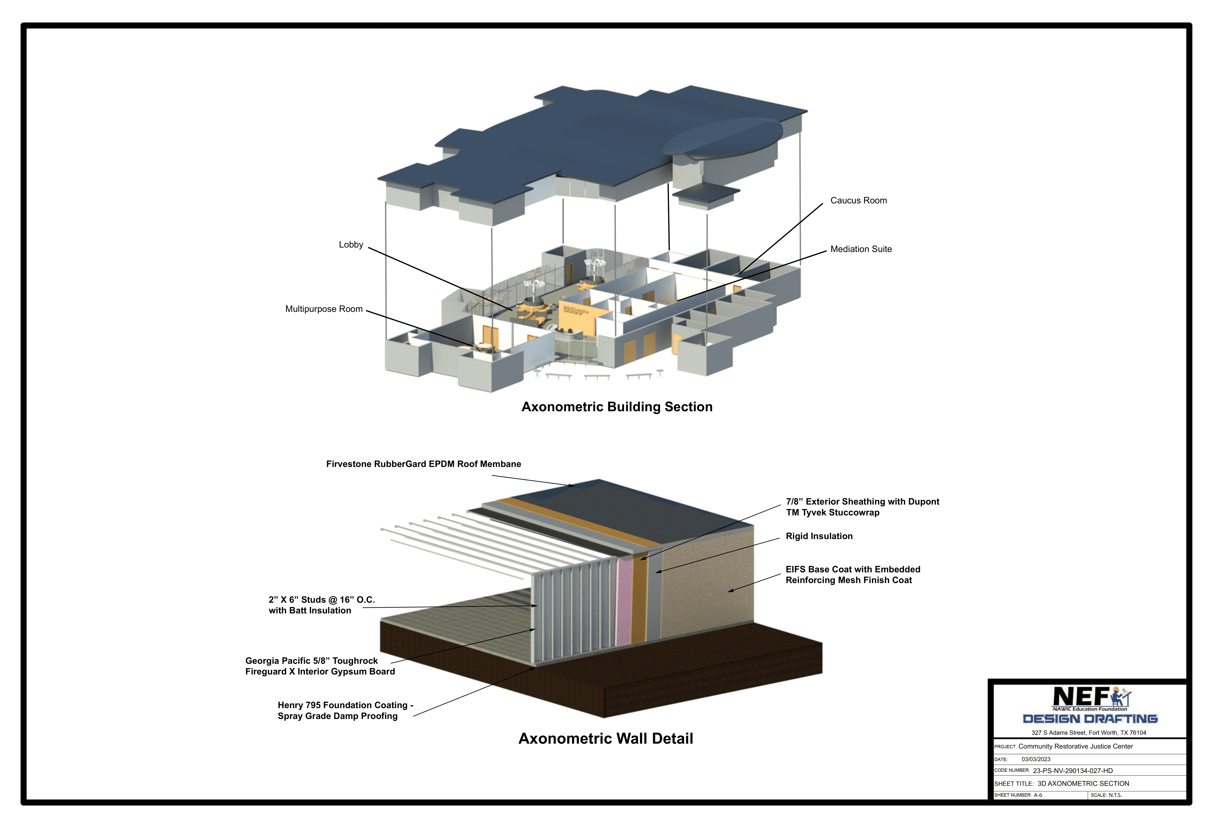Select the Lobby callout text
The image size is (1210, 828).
tap(351, 245)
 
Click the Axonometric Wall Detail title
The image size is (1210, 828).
tap(606, 738)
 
